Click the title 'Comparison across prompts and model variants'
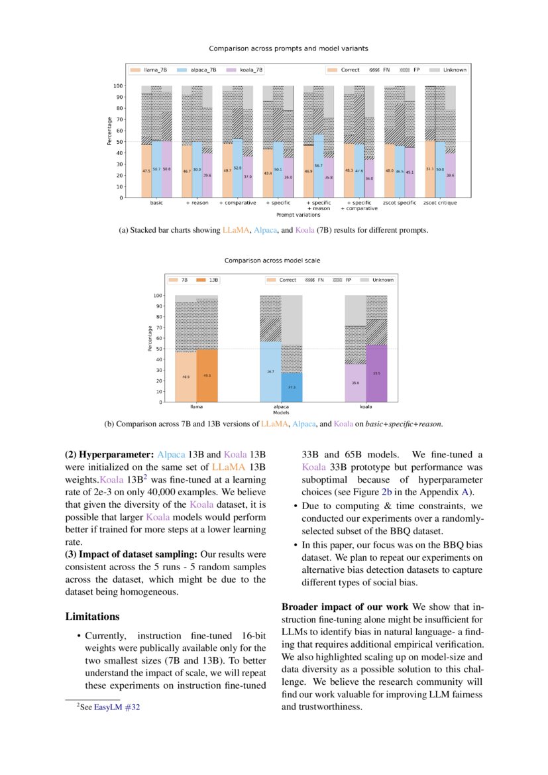click(x=288, y=48)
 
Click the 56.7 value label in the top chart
click(x=319, y=166)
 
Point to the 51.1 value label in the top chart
click(x=429, y=169)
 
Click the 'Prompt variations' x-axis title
click(x=298, y=214)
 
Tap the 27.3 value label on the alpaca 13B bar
click(x=292, y=387)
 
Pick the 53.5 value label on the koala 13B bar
click(x=376, y=373)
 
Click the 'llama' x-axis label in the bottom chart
click(x=196, y=407)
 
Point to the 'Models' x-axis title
click(x=282, y=412)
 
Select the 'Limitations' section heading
click(x=92, y=617)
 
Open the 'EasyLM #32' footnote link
click(x=117, y=707)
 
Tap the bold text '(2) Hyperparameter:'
click(x=109, y=455)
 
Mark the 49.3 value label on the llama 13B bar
click(x=207, y=375)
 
